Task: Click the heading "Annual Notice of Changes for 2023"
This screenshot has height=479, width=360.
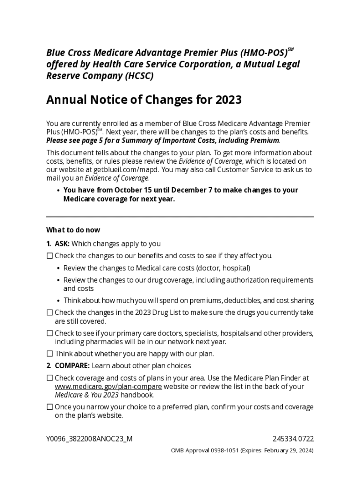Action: pos(144,100)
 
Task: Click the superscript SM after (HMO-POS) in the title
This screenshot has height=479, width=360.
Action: pos(290,49)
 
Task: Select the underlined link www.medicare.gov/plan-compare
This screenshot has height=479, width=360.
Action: pos(108,386)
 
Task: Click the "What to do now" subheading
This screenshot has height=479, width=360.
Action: pos(73,230)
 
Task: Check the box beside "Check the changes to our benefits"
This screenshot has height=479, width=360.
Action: pos(50,256)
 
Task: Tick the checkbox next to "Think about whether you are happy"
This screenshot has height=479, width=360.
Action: pos(50,354)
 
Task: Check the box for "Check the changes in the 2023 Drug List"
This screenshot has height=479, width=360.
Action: pos(50,312)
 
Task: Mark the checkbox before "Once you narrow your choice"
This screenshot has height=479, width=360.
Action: pos(50,407)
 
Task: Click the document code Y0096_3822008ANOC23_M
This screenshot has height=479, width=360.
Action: pos(89,439)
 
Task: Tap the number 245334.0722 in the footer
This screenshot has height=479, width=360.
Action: pos(293,439)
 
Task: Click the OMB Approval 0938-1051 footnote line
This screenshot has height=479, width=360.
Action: pos(242,451)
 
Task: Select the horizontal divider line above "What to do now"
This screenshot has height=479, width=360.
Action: pos(180,217)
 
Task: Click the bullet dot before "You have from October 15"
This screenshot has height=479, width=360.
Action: pos(58,190)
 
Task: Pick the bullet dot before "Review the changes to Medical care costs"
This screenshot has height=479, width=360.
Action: pos(58,269)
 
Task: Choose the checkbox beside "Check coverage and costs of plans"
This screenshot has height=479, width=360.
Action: pos(50,378)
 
